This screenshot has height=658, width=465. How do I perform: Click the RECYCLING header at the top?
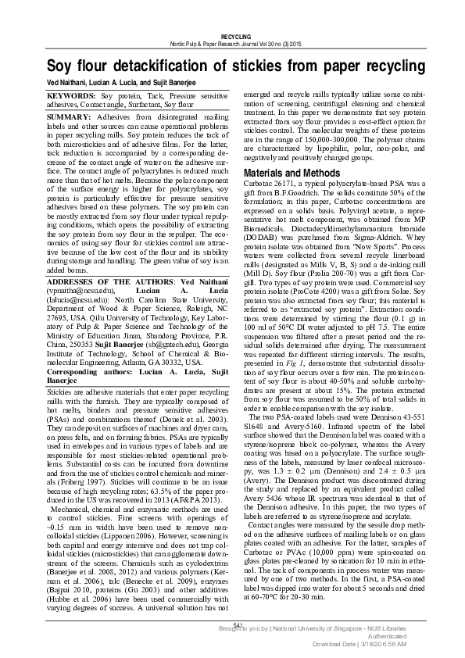(236, 37)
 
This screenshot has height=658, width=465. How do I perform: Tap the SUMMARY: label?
(70, 116)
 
